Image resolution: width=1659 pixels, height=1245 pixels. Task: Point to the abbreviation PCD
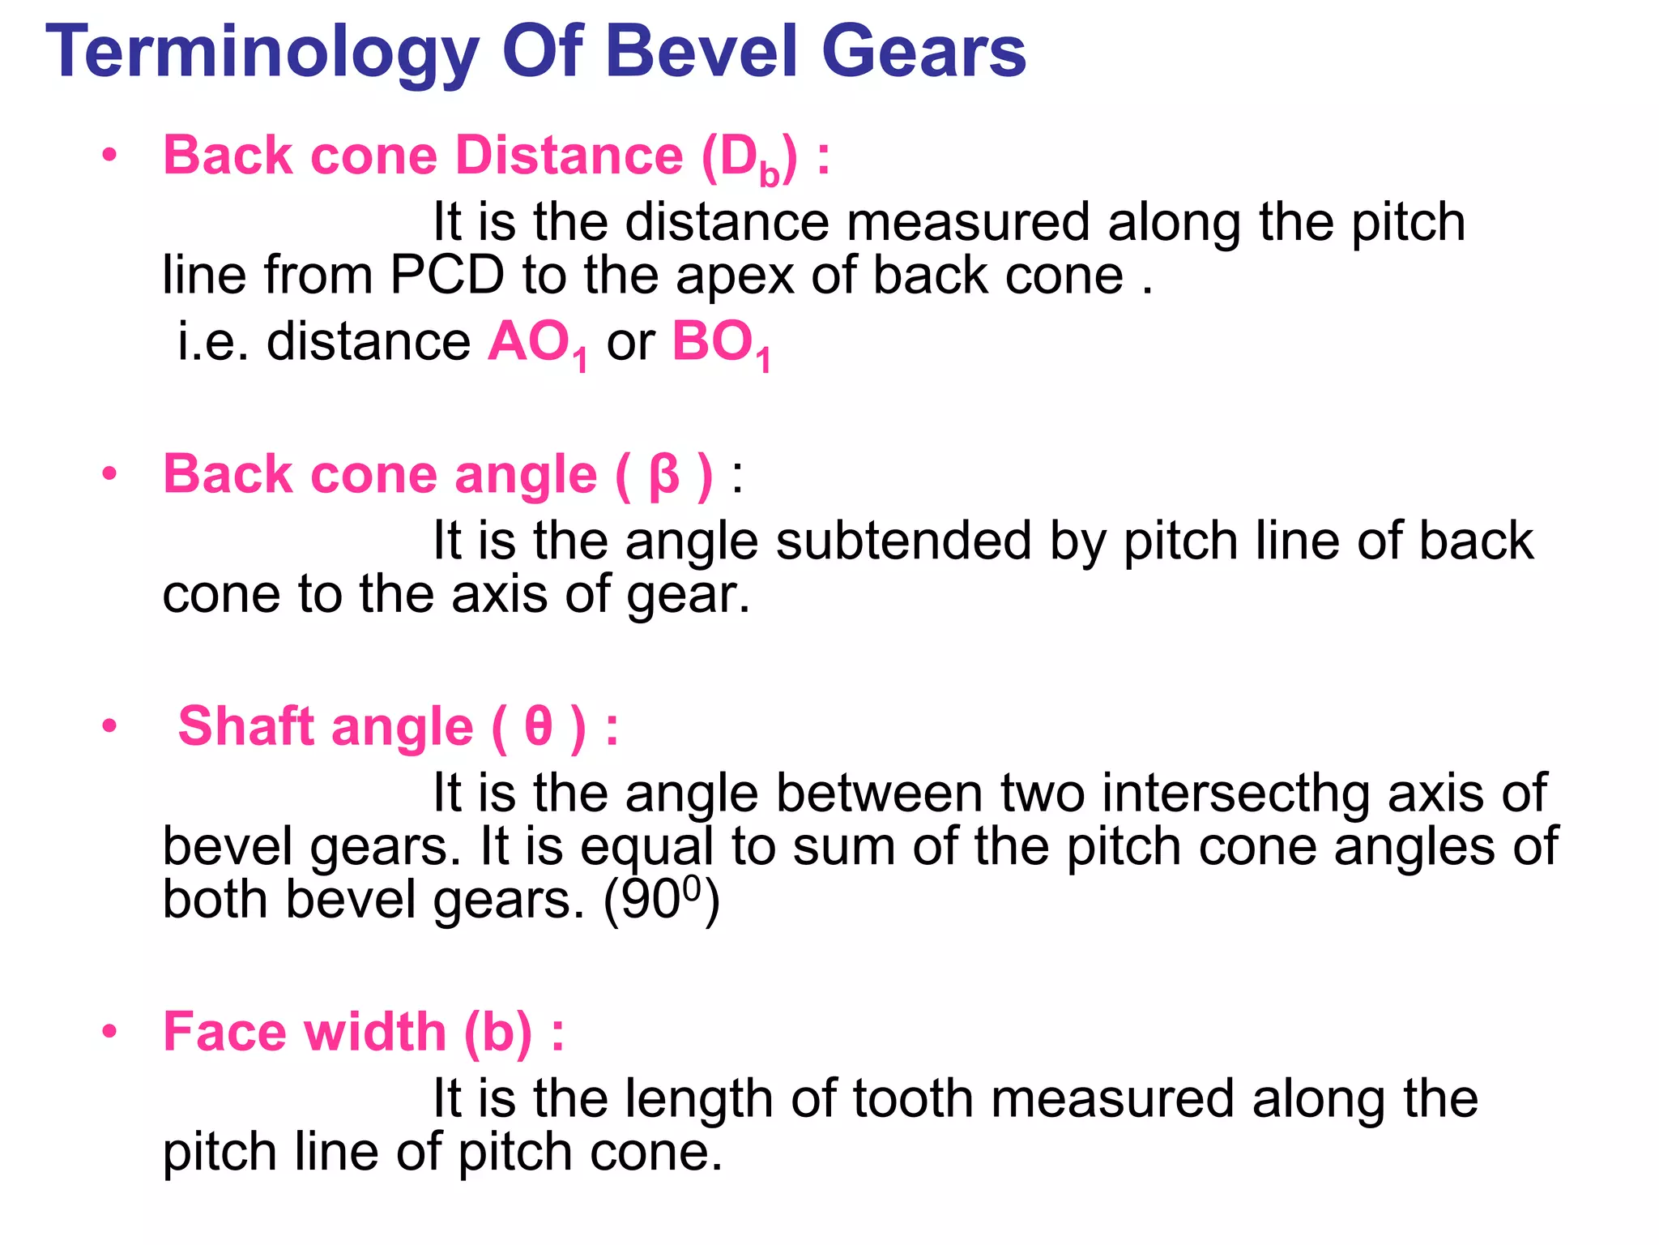pos(447,276)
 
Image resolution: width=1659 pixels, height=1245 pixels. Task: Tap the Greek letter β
pos(664,475)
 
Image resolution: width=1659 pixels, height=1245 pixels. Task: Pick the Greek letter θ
pos(539,726)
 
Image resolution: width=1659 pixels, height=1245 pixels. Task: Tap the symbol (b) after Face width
pos(497,1033)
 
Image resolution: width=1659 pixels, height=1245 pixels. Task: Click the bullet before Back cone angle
pos(110,474)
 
